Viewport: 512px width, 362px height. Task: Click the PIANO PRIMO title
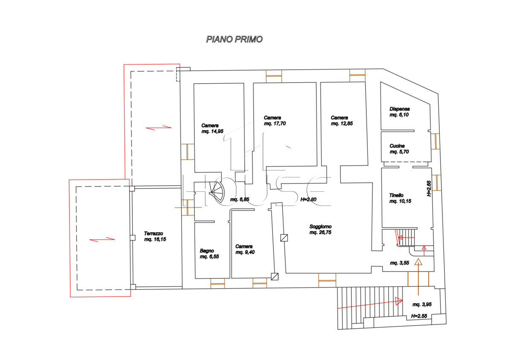coord(234,39)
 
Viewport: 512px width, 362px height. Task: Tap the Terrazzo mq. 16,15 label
coord(155,236)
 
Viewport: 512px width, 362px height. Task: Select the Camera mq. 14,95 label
coord(212,128)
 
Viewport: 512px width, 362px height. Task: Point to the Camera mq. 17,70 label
coord(275,120)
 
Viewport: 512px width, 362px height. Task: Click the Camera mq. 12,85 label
coord(342,120)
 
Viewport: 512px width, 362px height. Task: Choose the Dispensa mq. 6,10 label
coord(399,112)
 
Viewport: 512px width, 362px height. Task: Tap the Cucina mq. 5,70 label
coord(399,149)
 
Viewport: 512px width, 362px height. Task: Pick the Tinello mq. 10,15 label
coord(400,198)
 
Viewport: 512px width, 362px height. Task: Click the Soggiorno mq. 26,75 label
coord(320,229)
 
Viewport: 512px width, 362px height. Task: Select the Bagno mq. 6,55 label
coord(209,254)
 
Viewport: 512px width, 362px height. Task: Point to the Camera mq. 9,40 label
coord(245,249)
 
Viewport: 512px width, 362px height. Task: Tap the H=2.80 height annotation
coord(308,199)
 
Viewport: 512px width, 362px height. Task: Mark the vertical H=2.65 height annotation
coord(429,188)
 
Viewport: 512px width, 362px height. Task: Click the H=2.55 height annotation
coord(419,316)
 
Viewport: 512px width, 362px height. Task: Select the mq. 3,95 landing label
coord(422,304)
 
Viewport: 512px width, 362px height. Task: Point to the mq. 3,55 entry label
coord(399,263)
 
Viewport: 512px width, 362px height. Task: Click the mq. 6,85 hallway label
coord(239,199)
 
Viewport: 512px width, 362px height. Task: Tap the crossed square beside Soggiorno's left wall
coord(284,238)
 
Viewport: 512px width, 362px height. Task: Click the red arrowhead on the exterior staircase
coord(399,301)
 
